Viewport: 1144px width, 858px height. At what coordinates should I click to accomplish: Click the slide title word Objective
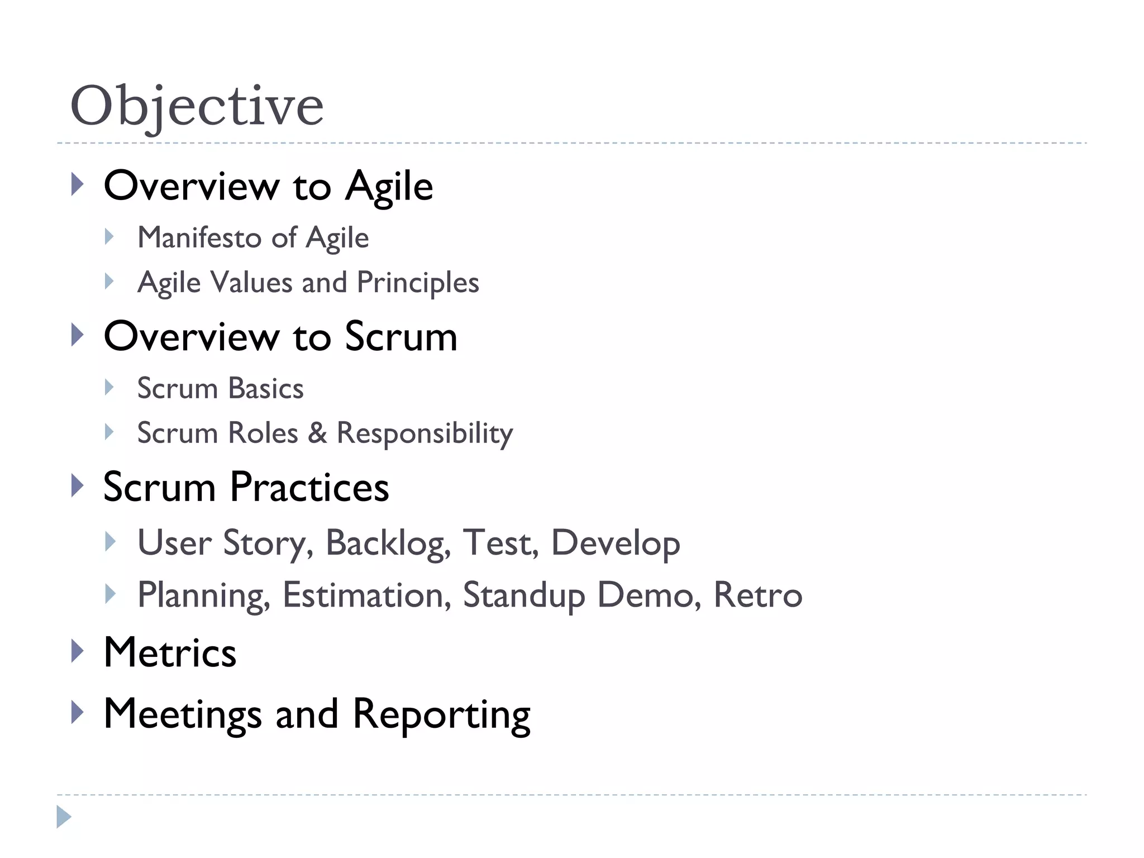[x=197, y=106]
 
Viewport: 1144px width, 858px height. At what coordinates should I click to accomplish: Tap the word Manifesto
[x=199, y=237]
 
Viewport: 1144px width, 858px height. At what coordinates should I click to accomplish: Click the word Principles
[x=418, y=283]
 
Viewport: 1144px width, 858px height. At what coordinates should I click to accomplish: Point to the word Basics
[x=266, y=388]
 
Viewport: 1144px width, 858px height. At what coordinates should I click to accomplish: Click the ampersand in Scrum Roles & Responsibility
[x=317, y=433]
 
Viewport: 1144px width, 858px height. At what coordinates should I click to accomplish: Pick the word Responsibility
[x=425, y=433]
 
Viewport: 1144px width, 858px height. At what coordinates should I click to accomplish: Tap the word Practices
[x=309, y=487]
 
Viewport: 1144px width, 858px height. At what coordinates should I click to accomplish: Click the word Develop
[x=616, y=543]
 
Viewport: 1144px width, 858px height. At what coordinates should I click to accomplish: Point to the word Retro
[x=758, y=595]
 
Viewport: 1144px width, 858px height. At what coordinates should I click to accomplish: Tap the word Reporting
[x=441, y=714]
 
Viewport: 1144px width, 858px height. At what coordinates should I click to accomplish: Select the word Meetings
[x=183, y=714]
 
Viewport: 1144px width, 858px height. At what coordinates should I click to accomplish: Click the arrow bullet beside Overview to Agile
[x=78, y=184]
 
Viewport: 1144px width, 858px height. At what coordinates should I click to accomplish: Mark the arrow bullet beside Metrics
[x=78, y=651]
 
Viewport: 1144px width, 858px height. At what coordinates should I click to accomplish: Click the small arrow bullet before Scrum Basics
[x=109, y=387]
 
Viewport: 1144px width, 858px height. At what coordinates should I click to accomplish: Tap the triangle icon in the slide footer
[x=64, y=817]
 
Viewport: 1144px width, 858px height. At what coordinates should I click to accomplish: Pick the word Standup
[x=524, y=595]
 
